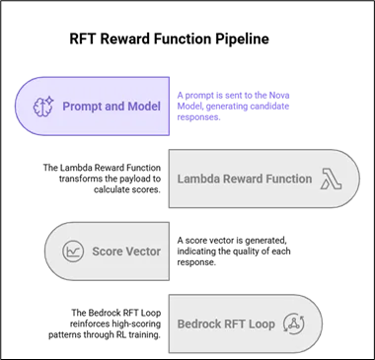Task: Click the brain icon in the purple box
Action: (x=43, y=107)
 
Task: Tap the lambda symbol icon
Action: (x=331, y=179)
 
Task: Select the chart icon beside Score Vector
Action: (x=73, y=252)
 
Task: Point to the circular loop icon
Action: (x=294, y=324)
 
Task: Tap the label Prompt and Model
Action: (x=112, y=107)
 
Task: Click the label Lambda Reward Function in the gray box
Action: (x=245, y=179)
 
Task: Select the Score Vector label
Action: (x=126, y=252)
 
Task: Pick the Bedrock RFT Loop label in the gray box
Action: (x=226, y=324)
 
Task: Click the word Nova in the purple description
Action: (x=279, y=96)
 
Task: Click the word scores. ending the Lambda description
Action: (x=148, y=190)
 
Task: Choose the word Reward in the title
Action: (x=124, y=38)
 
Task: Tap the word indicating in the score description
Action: (x=193, y=252)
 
